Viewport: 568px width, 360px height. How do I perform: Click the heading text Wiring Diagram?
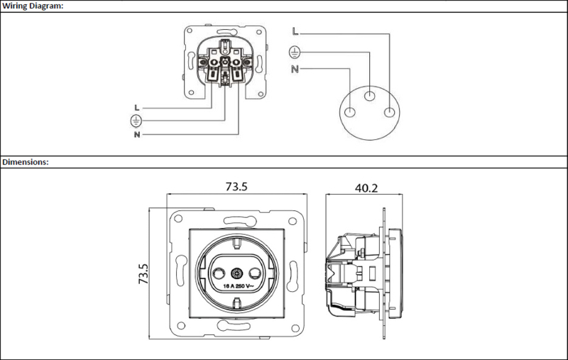33,6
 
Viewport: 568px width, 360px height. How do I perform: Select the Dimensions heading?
26,162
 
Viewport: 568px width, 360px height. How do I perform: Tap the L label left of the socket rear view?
136,107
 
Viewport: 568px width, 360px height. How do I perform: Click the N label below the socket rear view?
137,135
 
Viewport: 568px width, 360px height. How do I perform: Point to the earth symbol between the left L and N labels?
136,121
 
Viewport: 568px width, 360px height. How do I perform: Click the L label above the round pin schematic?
295,31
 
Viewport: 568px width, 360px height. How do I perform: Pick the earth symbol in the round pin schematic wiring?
295,52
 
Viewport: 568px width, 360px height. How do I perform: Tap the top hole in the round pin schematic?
369,96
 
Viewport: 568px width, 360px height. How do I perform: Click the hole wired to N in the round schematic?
350,112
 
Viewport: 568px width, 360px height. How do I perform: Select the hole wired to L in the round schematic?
389,112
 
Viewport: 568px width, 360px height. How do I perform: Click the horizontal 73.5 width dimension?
236,187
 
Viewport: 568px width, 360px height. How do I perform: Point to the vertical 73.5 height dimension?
143,273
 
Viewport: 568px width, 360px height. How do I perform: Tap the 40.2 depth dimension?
366,188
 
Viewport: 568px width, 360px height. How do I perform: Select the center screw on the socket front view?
237,273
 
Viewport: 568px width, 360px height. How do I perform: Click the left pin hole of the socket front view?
219,273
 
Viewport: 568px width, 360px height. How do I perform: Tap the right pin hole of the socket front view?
256,273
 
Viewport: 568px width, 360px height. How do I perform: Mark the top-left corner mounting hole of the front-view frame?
178,219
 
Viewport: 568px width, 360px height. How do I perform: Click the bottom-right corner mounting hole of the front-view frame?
295,329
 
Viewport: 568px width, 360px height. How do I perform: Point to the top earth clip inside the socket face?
237,242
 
